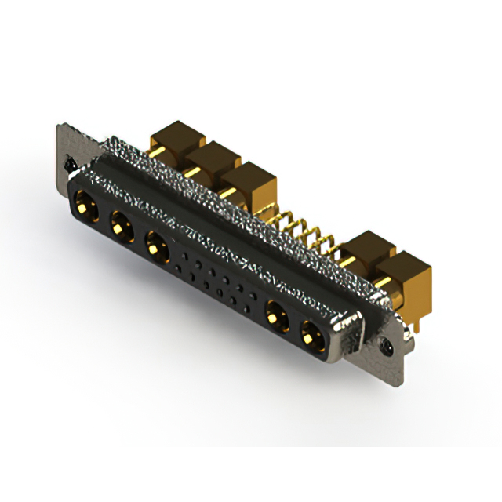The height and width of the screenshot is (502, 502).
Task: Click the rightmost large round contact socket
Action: pos(311,334)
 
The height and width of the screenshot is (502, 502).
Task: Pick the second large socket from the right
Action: pos(275,317)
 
